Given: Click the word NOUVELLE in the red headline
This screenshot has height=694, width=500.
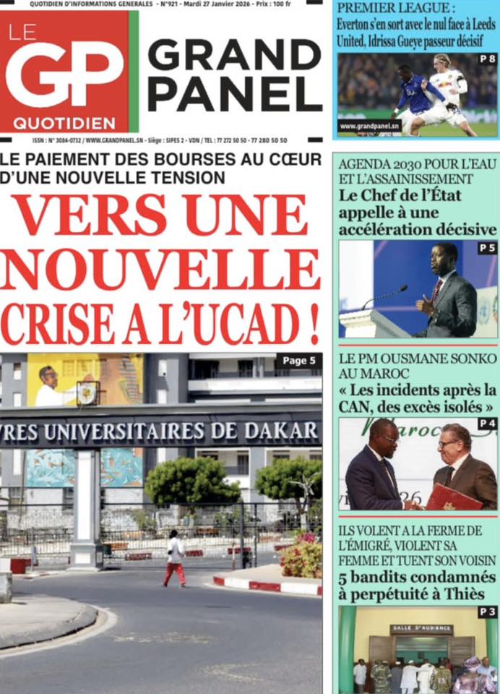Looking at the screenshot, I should point(161,269).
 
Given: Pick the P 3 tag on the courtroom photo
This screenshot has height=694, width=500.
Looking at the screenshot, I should point(488,612).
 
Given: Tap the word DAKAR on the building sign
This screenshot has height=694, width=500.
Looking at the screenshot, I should point(281,432).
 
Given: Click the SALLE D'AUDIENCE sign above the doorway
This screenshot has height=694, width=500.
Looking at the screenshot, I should point(421,630).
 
